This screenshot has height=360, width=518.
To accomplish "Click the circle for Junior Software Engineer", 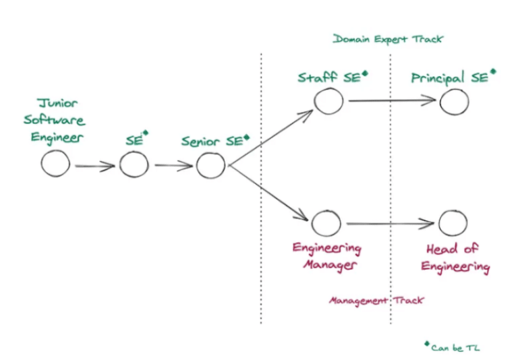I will click(x=55, y=164).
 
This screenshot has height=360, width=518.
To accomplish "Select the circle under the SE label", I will click(x=134, y=164).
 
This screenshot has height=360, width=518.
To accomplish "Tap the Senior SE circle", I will click(x=210, y=164).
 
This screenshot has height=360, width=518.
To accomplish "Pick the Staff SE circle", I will click(x=328, y=100).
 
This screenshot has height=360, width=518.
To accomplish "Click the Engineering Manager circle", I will click(x=326, y=222).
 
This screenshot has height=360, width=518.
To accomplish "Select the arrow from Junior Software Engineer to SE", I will click(x=94, y=165).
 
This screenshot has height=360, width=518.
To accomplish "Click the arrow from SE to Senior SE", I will click(x=173, y=165).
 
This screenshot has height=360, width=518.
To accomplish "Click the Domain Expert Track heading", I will click(x=388, y=39).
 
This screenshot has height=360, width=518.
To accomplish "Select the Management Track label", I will click(x=376, y=300).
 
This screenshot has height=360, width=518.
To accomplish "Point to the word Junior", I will click(x=57, y=104).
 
